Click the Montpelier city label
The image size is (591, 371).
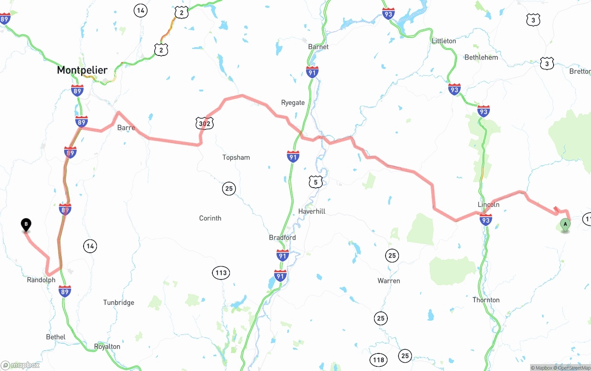pyautogui.click(x=82, y=70)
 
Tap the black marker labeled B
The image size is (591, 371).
pyautogui.click(x=26, y=225)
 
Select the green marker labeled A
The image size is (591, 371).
pyautogui.click(x=565, y=225)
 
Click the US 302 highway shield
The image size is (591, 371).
pyautogui.click(x=204, y=123)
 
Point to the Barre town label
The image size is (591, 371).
pyautogui.click(x=126, y=128)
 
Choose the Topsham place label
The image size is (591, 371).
pyautogui.click(x=236, y=158)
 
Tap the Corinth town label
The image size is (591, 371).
pyautogui.click(x=210, y=218)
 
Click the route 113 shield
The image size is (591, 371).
pyautogui.click(x=221, y=273)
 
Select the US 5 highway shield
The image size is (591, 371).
pyautogui.click(x=315, y=182)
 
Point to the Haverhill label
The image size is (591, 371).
pyautogui.click(x=312, y=211)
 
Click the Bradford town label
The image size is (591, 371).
pyautogui.click(x=282, y=237)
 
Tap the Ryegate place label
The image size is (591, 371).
pyautogui.click(x=293, y=103)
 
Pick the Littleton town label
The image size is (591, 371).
pyautogui.click(x=444, y=41)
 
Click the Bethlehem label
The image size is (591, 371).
pyautogui.click(x=481, y=57)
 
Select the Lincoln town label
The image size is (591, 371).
pyautogui.click(x=488, y=204)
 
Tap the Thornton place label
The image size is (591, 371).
pyautogui.click(x=486, y=300)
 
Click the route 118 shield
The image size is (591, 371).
pyautogui.click(x=379, y=359)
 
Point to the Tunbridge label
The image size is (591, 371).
pyautogui.click(x=119, y=303)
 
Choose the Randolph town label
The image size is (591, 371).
pyautogui.click(x=41, y=280)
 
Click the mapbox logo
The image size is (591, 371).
pyautogui.click(x=20, y=365)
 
